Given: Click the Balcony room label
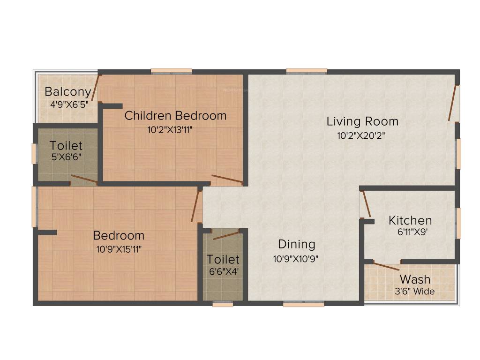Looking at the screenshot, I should click(67, 91).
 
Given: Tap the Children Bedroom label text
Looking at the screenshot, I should click(175, 115).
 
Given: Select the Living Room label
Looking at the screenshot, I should click(362, 121).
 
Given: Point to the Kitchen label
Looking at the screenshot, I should click(410, 220).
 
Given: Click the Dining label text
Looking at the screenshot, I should click(296, 244).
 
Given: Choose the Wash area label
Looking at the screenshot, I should click(415, 280).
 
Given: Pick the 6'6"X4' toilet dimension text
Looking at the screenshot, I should click(223, 270).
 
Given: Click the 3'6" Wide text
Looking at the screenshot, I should click(415, 292).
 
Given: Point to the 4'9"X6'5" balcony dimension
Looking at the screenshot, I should click(69, 103).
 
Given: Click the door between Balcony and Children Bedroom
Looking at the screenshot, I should click(96, 87).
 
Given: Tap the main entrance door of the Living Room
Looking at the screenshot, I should click(453, 104).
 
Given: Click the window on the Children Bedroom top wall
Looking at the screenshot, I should click(171, 72).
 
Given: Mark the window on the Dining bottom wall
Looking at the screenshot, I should click(303, 304).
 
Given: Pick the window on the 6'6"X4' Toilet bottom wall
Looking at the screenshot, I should click(223, 304).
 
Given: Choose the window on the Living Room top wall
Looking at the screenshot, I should click(307, 72).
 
